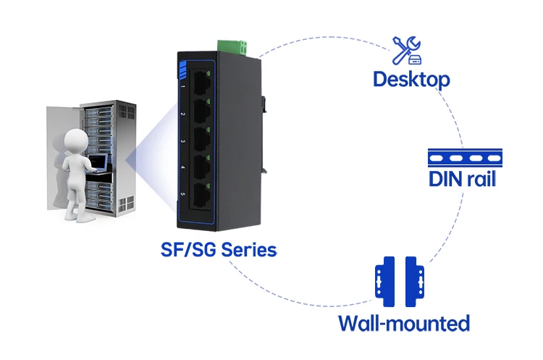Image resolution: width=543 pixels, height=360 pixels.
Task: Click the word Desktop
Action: coord(411,80)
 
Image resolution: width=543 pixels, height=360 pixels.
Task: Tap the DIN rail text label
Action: coord(462,179)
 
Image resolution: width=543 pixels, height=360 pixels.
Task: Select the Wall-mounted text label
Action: coord(404,323)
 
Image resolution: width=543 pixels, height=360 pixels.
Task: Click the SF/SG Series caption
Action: coord(219,249)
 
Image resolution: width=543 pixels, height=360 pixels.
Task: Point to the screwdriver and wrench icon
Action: coord(407,51)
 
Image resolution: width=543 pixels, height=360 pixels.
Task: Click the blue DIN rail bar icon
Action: coord(465,158)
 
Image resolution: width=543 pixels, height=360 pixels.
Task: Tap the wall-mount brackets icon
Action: coord(399,281)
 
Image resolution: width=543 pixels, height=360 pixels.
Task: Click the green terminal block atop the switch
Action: coord(232,48)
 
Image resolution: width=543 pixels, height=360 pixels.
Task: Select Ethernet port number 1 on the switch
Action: coord(201,83)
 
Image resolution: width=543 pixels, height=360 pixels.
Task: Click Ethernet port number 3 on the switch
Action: coord(201,139)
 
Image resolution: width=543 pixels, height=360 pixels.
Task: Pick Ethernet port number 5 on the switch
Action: coord(201,196)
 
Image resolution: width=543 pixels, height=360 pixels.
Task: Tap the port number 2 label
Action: coord(183,114)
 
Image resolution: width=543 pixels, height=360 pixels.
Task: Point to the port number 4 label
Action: coord(183,168)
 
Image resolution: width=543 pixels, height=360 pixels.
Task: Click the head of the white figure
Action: coord(76,141)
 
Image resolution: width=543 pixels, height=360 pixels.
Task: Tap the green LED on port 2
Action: coord(208,101)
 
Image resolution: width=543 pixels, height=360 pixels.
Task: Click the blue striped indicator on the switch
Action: coord(183,70)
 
